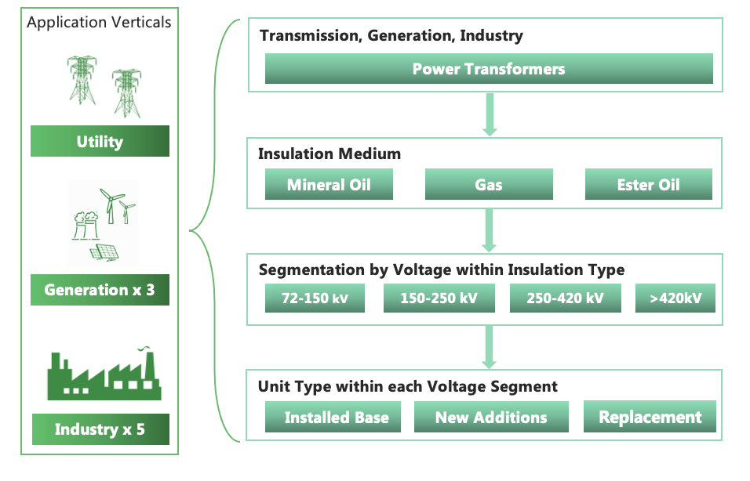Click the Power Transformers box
[x=489, y=69]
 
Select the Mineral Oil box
[x=329, y=186]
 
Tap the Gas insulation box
[x=489, y=186]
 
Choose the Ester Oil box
[x=648, y=186]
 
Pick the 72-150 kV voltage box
[x=315, y=298]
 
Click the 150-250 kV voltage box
[x=439, y=298]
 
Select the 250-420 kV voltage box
[x=565, y=298]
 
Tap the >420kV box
[x=675, y=298]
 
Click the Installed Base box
[x=337, y=418]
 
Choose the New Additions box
[x=491, y=418]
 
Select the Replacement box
[x=650, y=418]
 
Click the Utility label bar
[x=100, y=142]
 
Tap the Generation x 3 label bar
[x=100, y=290]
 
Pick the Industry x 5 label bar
[x=100, y=429]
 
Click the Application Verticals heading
[x=99, y=22]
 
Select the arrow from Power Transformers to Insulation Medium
[x=489, y=114]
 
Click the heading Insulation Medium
[x=329, y=154]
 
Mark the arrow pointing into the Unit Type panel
[x=489, y=347]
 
